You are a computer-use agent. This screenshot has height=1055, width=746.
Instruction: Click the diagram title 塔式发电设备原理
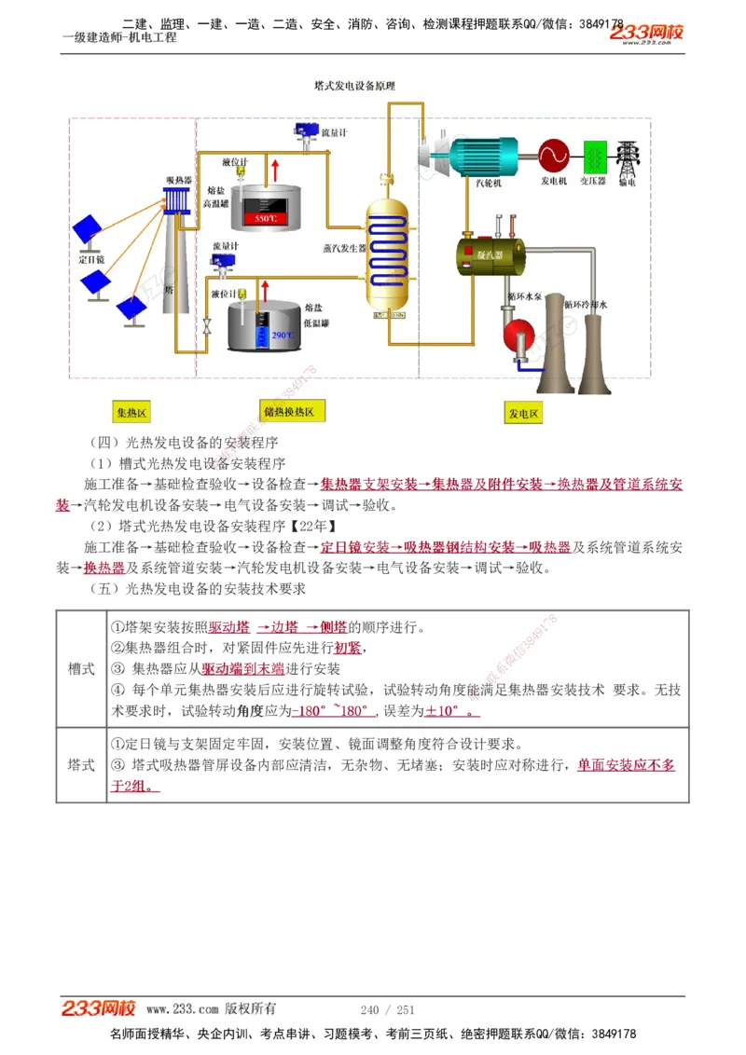pos(354,85)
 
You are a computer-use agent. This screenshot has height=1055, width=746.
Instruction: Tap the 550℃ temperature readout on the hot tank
pos(266,218)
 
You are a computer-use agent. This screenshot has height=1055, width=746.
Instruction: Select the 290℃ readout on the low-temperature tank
pos(282,335)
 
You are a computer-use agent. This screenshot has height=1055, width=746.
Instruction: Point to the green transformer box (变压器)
pos(594,155)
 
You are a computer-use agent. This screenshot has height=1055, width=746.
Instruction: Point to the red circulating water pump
pos(515,334)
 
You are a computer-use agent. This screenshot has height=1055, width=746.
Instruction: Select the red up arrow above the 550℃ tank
pos(275,171)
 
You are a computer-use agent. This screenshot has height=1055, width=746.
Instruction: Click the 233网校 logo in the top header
pos(647,34)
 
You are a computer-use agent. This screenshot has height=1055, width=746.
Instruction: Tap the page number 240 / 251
pos(387,1009)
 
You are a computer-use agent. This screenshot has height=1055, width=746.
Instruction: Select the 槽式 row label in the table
pos(81,668)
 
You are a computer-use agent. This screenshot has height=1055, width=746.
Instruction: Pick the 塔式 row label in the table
pos(81,764)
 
